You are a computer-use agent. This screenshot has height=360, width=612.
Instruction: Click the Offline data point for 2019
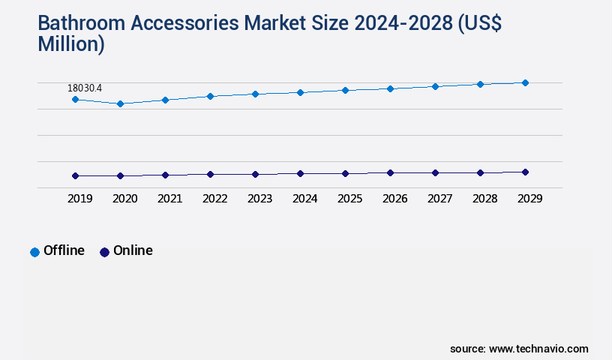(75, 99)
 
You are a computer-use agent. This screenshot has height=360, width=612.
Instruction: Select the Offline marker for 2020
(120, 103)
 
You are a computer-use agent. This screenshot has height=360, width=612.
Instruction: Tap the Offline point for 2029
(525, 82)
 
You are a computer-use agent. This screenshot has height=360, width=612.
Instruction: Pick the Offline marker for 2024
(300, 92)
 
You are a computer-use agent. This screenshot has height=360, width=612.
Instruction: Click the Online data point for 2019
(75, 175)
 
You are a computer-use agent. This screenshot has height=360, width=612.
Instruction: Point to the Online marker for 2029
(525, 172)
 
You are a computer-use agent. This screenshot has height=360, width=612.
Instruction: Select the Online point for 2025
(345, 173)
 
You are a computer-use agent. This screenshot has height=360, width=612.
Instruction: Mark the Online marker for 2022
(210, 174)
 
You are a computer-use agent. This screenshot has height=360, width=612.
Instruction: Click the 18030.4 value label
(85, 88)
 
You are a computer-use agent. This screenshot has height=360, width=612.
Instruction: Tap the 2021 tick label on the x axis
(169, 199)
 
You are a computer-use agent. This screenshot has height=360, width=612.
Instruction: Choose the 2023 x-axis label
(259, 199)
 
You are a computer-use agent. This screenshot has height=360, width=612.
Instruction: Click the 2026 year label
(394, 199)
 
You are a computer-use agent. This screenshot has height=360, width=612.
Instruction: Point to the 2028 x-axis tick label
(484, 199)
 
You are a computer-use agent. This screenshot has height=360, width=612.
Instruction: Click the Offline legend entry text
(64, 250)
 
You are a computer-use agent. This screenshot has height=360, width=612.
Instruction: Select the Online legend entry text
(133, 250)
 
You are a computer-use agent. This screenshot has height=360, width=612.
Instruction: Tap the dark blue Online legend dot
(104, 252)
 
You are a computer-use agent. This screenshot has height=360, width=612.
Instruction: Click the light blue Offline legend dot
(34, 252)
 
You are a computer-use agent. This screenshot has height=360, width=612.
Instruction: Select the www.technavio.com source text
(538, 349)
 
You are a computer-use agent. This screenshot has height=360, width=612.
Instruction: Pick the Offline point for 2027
(435, 86)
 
